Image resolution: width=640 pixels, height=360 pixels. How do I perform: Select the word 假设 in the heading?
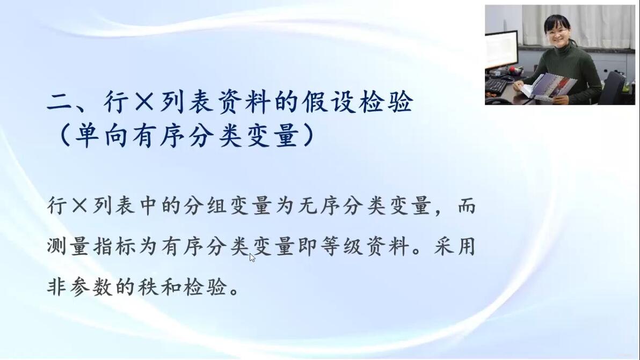315,101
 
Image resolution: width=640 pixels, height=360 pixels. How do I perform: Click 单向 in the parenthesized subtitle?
101,135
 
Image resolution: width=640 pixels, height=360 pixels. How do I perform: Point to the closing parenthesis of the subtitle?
309,135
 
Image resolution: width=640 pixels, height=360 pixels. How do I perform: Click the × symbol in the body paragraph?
79,205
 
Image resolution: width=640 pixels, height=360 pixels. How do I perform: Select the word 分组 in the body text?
205,205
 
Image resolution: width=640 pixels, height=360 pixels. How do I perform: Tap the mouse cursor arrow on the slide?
252,258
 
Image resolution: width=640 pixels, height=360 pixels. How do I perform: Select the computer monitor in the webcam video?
501,50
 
